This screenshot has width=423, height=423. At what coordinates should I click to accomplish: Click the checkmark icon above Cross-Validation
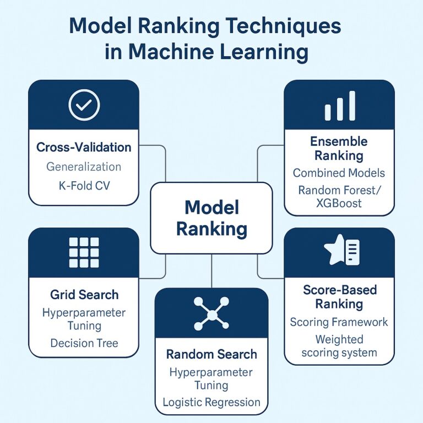[84, 105]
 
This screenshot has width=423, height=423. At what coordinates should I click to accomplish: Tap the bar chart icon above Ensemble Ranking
[339, 106]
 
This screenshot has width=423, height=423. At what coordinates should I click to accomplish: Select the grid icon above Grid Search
[84, 253]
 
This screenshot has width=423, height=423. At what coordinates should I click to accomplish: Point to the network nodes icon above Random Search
[211, 313]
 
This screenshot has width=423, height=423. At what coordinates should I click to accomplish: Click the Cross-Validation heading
[84, 147]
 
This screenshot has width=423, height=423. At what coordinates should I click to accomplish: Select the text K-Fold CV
[84, 185]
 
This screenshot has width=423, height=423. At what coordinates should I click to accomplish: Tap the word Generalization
[84, 166]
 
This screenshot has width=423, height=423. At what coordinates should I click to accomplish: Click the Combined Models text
[339, 173]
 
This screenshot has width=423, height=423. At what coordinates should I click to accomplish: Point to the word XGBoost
[339, 203]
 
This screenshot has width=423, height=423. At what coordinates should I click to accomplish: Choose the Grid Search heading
[84, 295]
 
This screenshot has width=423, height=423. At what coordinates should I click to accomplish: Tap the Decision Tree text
[84, 343]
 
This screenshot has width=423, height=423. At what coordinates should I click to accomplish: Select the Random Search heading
[211, 354]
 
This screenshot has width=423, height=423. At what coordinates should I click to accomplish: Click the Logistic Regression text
[211, 402]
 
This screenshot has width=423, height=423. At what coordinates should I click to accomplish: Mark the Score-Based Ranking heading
[339, 296]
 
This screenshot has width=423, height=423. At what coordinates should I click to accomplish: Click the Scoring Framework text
[339, 322]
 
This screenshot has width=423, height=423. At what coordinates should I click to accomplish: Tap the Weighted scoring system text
[339, 345]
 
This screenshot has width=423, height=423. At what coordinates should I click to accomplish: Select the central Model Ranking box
[211, 218]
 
